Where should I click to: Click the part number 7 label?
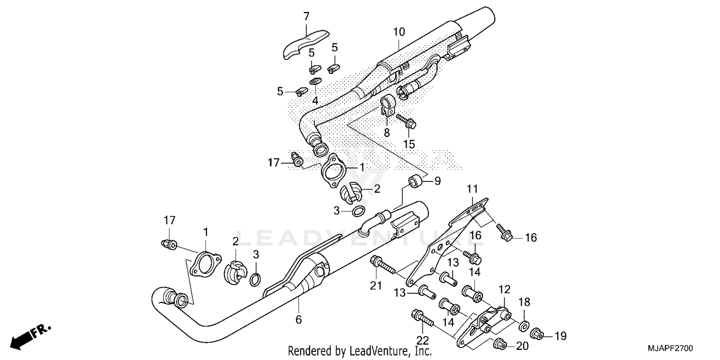(x=306, y=17)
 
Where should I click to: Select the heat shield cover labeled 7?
(x=303, y=44)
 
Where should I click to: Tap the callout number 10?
(x=399, y=32)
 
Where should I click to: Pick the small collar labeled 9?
(x=415, y=182)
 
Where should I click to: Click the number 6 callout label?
(x=298, y=320)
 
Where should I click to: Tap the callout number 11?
(x=473, y=188)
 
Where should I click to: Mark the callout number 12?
(x=504, y=289)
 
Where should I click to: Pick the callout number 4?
(x=315, y=101)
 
